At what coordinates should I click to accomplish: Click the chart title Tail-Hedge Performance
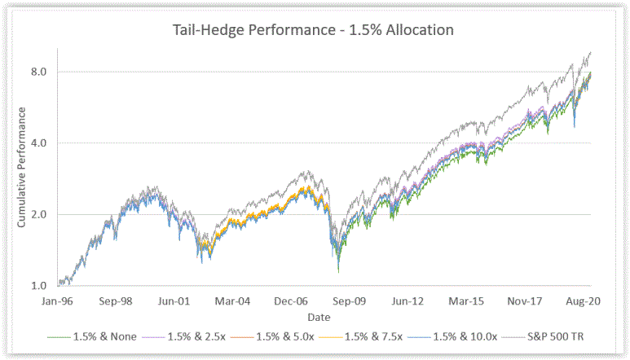313,30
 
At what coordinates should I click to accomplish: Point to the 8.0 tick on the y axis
39,72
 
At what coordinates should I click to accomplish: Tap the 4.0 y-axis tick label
39,143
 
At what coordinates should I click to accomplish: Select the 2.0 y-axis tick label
39,214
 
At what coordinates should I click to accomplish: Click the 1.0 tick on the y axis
39,286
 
